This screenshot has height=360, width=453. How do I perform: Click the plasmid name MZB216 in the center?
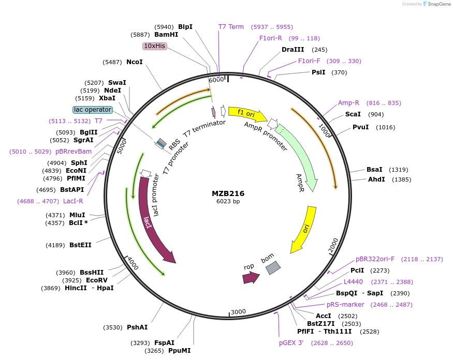pos(228,193)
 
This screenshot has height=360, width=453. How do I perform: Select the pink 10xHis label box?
pos(155,46)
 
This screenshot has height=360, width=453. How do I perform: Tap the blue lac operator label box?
pos(93,110)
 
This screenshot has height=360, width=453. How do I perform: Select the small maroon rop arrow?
pos(251,278)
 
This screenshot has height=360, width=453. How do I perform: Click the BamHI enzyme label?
pos(166,35)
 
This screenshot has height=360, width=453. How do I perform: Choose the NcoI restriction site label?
pos(135,62)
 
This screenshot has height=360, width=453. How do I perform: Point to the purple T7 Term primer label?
pos(231,27)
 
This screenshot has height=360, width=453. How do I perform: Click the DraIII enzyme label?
pos(293,50)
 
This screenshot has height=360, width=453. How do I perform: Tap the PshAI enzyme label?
pos(137,327)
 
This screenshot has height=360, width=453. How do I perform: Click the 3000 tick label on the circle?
pos(238,311)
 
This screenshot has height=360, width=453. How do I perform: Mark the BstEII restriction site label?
pos(80,245)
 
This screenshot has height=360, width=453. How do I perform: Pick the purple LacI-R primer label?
pos(73,201)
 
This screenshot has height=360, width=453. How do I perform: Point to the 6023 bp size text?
pos(228,202)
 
